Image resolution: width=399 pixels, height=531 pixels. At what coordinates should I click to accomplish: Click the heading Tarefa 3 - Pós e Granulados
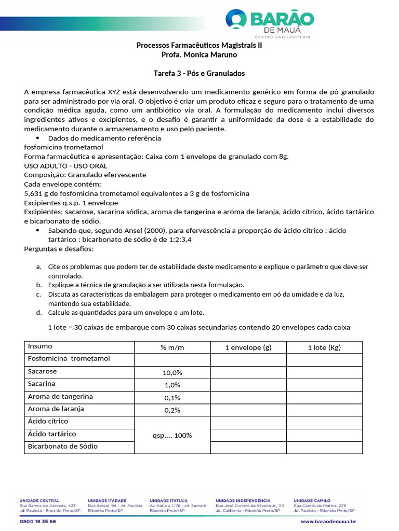pyautogui.click(x=199, y=73)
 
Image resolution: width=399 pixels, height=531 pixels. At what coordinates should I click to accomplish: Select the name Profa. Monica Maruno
pyautogui.click(x=199, y=54)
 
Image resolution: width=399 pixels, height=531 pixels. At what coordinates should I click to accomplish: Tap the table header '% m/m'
pyautogui.click(x=172, y=347)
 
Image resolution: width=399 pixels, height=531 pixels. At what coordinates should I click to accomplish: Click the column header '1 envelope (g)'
pyautogui.click(x=248, y=347)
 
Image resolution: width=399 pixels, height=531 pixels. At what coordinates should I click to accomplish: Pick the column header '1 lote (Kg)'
pyautogui.click(x=324, y=347)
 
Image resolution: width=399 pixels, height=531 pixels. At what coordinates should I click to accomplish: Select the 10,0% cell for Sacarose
pyautogui.click(x=172, y=373)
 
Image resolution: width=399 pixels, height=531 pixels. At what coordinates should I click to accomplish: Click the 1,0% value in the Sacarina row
pyautogui.click(x=172, y=385)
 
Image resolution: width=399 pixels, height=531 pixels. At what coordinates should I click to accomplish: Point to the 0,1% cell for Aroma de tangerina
pyautogui.click(x=172, y=398)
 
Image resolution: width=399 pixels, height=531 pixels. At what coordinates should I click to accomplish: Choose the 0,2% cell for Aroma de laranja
pyautogui.click(x=172, y=410)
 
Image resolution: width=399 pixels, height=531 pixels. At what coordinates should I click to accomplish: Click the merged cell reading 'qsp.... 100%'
pyautogui.click(x=172, y=435)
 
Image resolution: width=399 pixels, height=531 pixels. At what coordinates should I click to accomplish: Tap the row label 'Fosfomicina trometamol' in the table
pyautogui.click(x=69, y=359)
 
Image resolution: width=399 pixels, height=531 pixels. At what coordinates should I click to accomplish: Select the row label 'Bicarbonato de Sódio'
pyautogui.click(x=62, y=446)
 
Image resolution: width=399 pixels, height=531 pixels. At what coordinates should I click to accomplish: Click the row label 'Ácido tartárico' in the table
pyautogui.click(x=52, y=434)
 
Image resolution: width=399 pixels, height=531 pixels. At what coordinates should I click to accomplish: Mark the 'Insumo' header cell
pyautogui.click(x=40, y=346)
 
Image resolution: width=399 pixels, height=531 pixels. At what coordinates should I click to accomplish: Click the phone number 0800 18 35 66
pyautogui.click(x=37, y=521)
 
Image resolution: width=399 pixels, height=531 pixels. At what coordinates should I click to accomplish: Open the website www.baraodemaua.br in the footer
pyautogui.click(x=328, y=521)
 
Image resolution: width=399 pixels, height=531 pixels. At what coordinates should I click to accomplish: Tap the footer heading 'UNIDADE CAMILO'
pyautogui.click(x=312, y=500)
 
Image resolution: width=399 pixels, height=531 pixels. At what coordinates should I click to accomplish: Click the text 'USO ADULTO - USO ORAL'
pyautogui.click(x=65, y=166)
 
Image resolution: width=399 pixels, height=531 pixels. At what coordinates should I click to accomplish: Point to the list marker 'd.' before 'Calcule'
pyautogui.click(x=38, y=313)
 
